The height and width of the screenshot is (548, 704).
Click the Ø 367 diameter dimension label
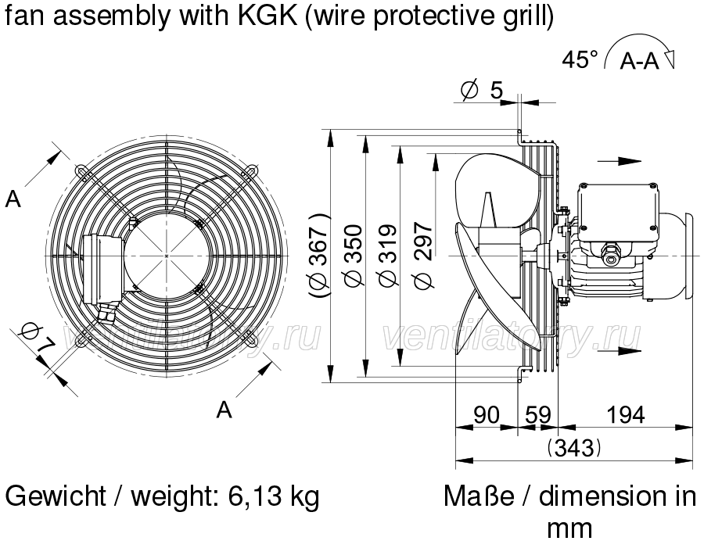(x=319, y=256)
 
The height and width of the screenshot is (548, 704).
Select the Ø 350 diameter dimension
(x=354, y=256)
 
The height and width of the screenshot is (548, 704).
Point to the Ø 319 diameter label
(x=388, y=256)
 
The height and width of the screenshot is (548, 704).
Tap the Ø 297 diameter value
(x=423, y=256)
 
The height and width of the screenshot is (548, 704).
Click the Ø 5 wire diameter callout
(x=482, y=90)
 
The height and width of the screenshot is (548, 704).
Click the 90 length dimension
(x=487, y=414)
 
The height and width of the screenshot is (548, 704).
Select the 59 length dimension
(x=538, y=414)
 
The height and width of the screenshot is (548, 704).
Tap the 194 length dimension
(x=626, y=414)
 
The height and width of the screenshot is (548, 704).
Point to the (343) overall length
(x=574, y=447)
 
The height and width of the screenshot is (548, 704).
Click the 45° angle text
(x=580, y=59)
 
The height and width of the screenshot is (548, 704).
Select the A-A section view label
(x=639, y=61)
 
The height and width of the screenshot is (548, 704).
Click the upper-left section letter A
(x=13, y=199)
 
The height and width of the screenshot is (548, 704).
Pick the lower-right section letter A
(x=224, y=410)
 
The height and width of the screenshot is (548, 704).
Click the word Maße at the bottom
(x=479, y=496)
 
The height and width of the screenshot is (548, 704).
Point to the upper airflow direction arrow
(x=620, y=161)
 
